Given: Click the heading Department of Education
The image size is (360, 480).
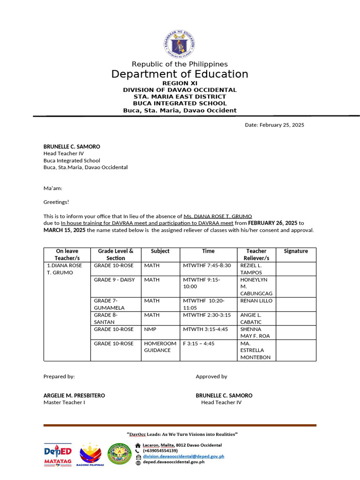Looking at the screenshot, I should click(180, 74).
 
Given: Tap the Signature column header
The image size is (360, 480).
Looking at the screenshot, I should click(296, 251).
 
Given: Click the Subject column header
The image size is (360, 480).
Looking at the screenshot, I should click(160, 251).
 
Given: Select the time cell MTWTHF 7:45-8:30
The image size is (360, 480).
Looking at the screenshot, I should click(207, 266).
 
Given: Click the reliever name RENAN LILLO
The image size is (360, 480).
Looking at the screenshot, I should click(256, 301).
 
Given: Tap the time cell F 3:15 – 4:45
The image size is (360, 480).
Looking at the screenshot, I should click(198, 344).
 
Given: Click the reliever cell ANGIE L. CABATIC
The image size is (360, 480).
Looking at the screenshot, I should click(251, 319).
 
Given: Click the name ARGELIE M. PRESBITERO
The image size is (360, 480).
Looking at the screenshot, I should click(74, 396).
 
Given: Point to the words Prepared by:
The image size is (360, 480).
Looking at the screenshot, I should click(59, 376).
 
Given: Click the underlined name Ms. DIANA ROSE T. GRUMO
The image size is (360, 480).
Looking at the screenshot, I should click(218, 216).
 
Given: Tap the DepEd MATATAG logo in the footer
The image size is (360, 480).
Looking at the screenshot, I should click(58, 455).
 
